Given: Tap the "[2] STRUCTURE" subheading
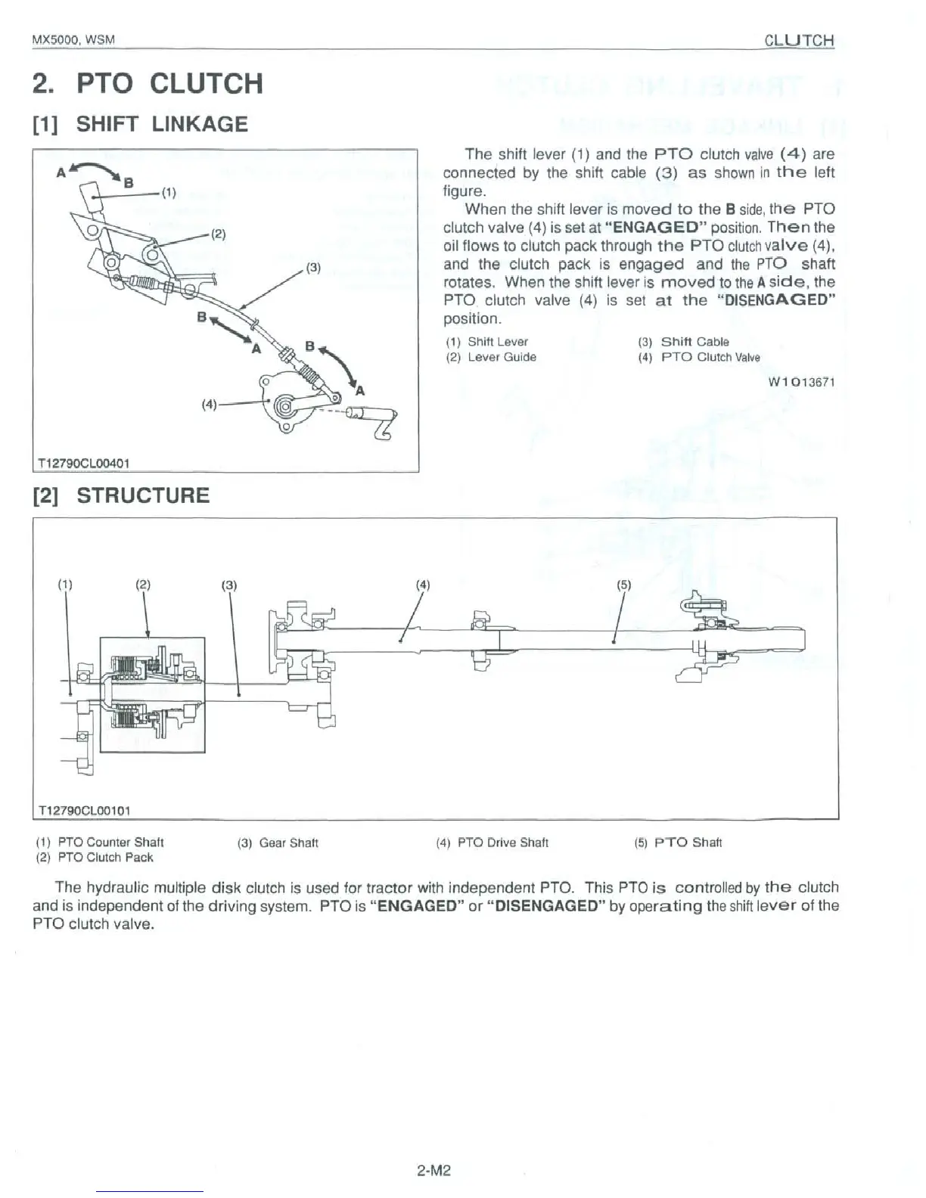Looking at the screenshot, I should [121, 495].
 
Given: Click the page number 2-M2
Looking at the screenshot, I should [433, 1171].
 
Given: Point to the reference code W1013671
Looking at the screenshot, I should [801, 382].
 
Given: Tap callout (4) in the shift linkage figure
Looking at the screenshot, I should [210, 403].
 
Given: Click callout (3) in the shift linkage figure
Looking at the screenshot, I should [313, 267].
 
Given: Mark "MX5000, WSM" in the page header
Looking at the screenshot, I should [73, 40].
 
